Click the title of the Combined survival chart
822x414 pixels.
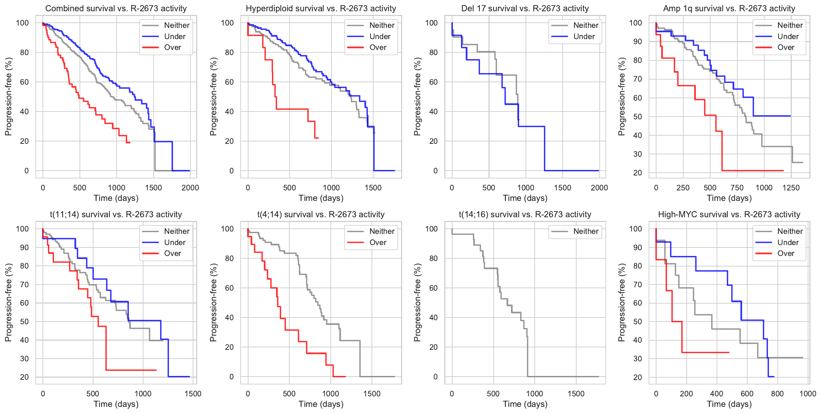coord(116,8)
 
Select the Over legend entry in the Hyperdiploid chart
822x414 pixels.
coord(378,48)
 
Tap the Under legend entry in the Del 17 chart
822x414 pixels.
coord(584,37)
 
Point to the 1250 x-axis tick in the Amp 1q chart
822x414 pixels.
coord(791,188)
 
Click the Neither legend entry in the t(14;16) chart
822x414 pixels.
coord(586,231)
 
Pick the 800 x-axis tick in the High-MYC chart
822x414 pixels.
coord(777,394)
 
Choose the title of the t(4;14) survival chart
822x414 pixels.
coord(321,214)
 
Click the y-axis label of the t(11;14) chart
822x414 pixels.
coord(8,303)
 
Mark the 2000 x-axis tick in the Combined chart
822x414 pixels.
coord(190,188)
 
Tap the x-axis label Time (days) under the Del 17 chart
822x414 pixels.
coord(525,198)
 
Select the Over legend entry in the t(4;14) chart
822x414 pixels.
coord(378,243)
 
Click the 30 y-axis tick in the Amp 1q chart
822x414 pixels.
coord(638,154)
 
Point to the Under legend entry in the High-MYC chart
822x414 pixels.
coord(788,243)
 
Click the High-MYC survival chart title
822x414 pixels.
coord(729,214)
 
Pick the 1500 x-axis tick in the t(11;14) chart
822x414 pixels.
coord(193,394)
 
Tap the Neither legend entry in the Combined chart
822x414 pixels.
coord(176,25)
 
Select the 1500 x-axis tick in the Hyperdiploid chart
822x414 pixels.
coord(373,188)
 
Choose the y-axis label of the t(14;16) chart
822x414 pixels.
coord(417,303)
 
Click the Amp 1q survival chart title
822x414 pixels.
coord(729,8)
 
